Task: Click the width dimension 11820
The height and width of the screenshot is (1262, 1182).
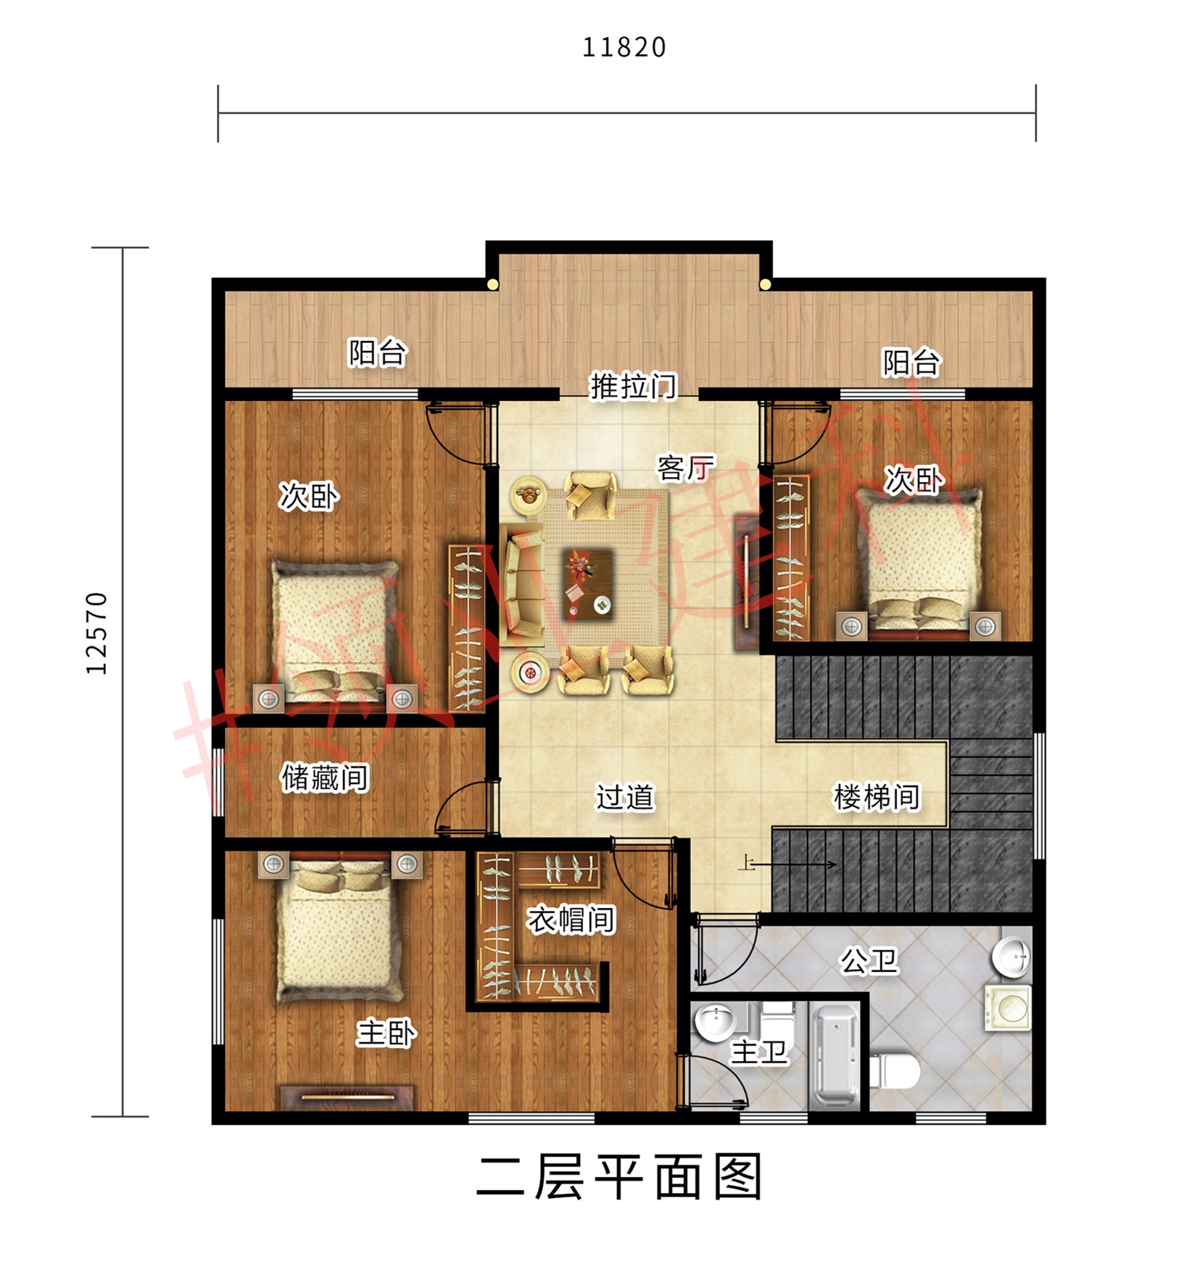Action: [x=624, y=47]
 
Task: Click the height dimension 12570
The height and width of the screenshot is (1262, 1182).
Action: [x=96, y=632]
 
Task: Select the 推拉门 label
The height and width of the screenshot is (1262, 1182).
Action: [x=632, y=386]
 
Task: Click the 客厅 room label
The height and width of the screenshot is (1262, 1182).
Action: [x=685, y=468]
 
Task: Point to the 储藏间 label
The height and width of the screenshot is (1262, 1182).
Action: [x=324, y=778]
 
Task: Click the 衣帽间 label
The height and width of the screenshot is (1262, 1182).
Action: [x=571, y=920]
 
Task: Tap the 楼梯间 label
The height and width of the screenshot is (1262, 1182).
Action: [x=876, y=796]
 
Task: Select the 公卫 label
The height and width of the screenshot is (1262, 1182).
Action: [x=868, y=961]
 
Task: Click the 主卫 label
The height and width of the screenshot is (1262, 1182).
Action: [x=758, y=1052]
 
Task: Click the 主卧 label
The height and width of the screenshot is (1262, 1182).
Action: [x=385, y=1033]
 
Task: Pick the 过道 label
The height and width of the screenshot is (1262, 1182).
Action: [x=624, y=796]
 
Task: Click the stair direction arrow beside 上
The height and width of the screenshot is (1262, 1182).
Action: [x=798, y=864]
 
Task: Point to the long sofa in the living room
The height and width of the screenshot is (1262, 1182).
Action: [x=522, y=586]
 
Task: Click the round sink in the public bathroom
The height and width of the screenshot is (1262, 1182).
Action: [x=1010, y=956]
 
